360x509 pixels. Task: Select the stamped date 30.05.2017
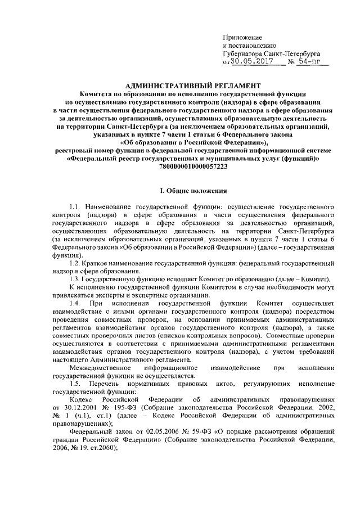pyautogui.click(x=250, y=62)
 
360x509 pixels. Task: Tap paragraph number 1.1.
pyautogui.click(x=75, y=208)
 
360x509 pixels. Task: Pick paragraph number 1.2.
pyautogui.click(x=75, y=263)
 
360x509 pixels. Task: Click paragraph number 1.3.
pyautogui.click(x=75, y=280)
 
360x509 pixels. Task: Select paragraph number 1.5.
pyautogui.click(x=75, y=382)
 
